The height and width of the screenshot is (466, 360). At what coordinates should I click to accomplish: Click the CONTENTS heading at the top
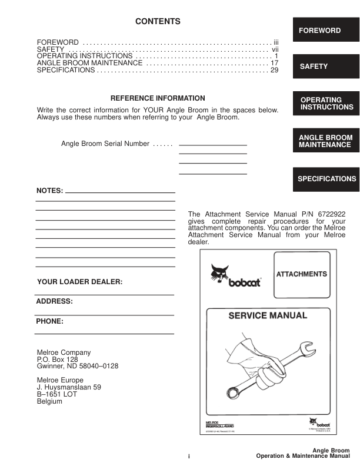click(158, 22)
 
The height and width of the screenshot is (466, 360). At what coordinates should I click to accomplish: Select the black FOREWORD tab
click(325, 30)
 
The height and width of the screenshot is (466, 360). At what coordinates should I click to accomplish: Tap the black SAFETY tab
click(325, 66)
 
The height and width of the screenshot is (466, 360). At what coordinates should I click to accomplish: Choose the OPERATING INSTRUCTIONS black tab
click(325, 104)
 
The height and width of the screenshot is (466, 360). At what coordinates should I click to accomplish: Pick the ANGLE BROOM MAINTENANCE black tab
click(325, 141)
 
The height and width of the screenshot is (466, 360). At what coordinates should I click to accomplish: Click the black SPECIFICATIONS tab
click(325, 178)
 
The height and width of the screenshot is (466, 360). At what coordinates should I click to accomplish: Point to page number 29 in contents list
click(274, 70)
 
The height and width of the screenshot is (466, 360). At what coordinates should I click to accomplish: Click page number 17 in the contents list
click(274, 62)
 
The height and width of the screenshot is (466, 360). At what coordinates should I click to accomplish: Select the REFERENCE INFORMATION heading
click(158, 98)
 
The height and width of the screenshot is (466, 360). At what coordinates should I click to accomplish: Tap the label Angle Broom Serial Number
click(105, 144)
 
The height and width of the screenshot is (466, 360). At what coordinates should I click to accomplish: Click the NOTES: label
click(49, 191)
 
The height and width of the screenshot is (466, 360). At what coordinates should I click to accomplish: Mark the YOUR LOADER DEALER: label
click(79, 282)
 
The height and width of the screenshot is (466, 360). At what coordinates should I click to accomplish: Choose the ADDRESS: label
click(55, 301)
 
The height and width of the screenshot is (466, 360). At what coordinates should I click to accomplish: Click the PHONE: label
click(50, 322)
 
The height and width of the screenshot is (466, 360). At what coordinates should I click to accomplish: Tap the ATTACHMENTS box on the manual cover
click(302, 274)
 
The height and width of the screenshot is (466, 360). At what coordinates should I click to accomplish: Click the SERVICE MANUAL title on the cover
click(268, 315)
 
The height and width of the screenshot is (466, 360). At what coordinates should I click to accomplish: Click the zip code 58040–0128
click(97, 366)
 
